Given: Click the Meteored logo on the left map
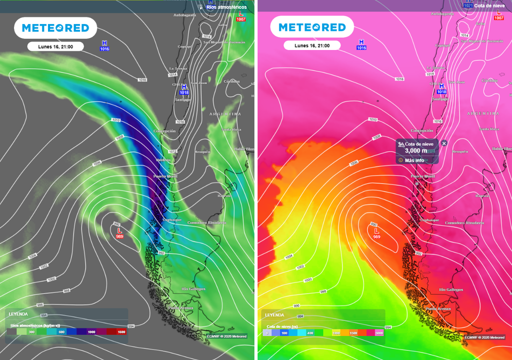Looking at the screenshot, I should (x=55, y=28).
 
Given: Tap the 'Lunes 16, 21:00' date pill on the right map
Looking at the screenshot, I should (x=312, y=45).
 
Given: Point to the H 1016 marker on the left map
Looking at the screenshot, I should (x=104, y=46).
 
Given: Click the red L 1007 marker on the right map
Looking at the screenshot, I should (x=498, y=15).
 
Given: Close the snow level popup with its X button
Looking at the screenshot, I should (x=444, y=143).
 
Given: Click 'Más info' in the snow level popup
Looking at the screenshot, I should (x=414, y=160).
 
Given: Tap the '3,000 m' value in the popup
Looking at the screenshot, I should (x=416, y=151).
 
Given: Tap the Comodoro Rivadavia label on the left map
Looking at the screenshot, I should (x=206, y=222).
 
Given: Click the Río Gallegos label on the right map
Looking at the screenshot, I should (x=450, y=289).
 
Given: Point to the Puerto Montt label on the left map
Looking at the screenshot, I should (x=165, y=176).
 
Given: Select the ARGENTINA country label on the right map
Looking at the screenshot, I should (x=483, y=113).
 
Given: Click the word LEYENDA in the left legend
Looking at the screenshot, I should (x=18, y=314).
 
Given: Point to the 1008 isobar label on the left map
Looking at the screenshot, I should (x=119, y=137).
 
